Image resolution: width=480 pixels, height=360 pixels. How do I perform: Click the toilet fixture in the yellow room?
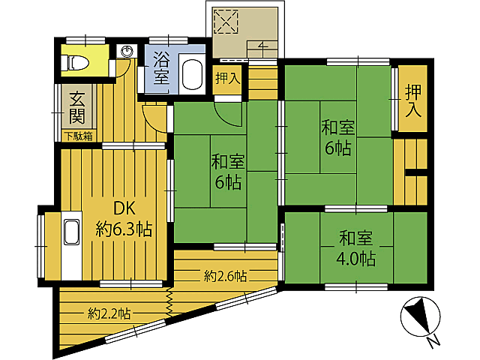pos(75,63)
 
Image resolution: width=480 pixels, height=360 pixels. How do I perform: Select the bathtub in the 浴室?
pos(193,75)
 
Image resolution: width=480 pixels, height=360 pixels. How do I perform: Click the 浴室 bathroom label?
pos(161,67)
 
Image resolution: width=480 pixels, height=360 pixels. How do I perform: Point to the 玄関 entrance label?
pos(76,107)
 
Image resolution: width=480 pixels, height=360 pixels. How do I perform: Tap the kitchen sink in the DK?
pos(71,232)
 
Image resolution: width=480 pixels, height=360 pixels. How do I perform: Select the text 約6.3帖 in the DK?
pos(124,229)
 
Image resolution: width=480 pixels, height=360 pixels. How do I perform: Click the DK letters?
pos(124,208)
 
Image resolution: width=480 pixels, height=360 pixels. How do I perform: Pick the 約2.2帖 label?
pos(109,313)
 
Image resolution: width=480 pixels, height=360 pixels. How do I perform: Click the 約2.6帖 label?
pos(225,276)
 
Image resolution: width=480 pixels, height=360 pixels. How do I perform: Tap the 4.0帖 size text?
pos(356,259)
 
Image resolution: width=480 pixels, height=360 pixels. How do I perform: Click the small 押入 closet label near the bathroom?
pos(227,78)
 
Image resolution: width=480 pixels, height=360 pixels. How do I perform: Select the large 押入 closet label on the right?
pos(413,101)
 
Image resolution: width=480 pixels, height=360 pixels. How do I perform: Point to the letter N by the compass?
pos(432,342)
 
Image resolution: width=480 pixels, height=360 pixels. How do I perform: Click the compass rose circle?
pos(420,316)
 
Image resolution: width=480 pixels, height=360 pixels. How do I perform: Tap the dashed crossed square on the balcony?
pos(226,22)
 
